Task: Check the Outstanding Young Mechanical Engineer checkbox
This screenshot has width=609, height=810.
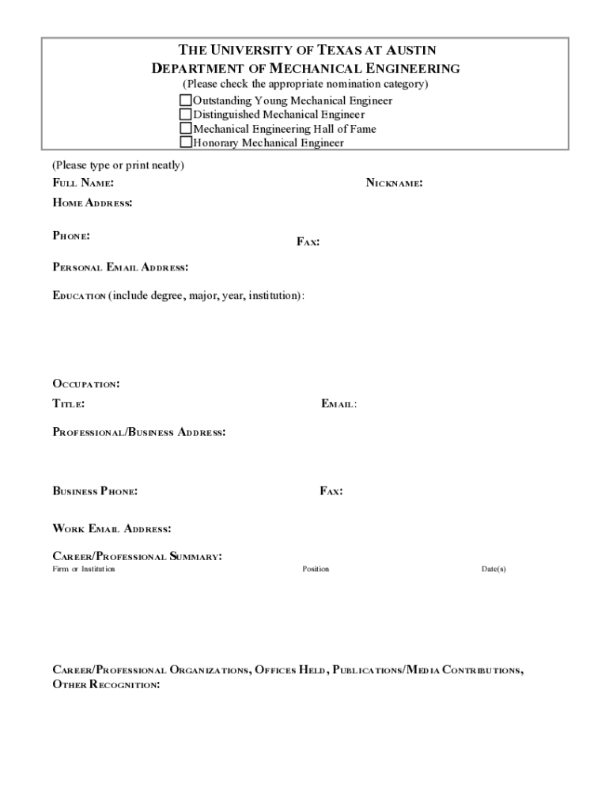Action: [186, 100]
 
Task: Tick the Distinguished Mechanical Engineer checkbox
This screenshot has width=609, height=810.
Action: [186, 115]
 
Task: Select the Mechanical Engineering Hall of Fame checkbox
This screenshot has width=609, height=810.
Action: [186, 128]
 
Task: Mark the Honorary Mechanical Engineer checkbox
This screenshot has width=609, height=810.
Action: [186, 142]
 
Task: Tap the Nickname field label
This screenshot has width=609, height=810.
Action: [393, 184]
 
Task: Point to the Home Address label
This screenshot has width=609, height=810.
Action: [92, 203]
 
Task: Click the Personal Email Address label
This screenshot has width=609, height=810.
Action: [120, 267]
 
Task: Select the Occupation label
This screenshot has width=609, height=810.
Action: [86, 384]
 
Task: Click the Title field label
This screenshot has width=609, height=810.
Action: [69, 404]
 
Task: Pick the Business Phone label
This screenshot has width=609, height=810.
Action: [95, 491]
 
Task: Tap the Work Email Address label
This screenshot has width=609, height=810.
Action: [112, 528]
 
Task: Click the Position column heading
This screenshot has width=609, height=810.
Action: [316, 570]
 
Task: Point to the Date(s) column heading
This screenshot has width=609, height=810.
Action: [494, 570]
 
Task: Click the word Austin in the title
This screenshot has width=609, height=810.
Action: [407, 51]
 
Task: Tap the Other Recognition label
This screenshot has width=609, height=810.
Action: [106, 684]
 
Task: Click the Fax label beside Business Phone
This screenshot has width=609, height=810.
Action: [331, 491]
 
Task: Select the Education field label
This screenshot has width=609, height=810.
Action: [79, 296]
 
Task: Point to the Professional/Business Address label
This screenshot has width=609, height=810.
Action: [139, 433]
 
